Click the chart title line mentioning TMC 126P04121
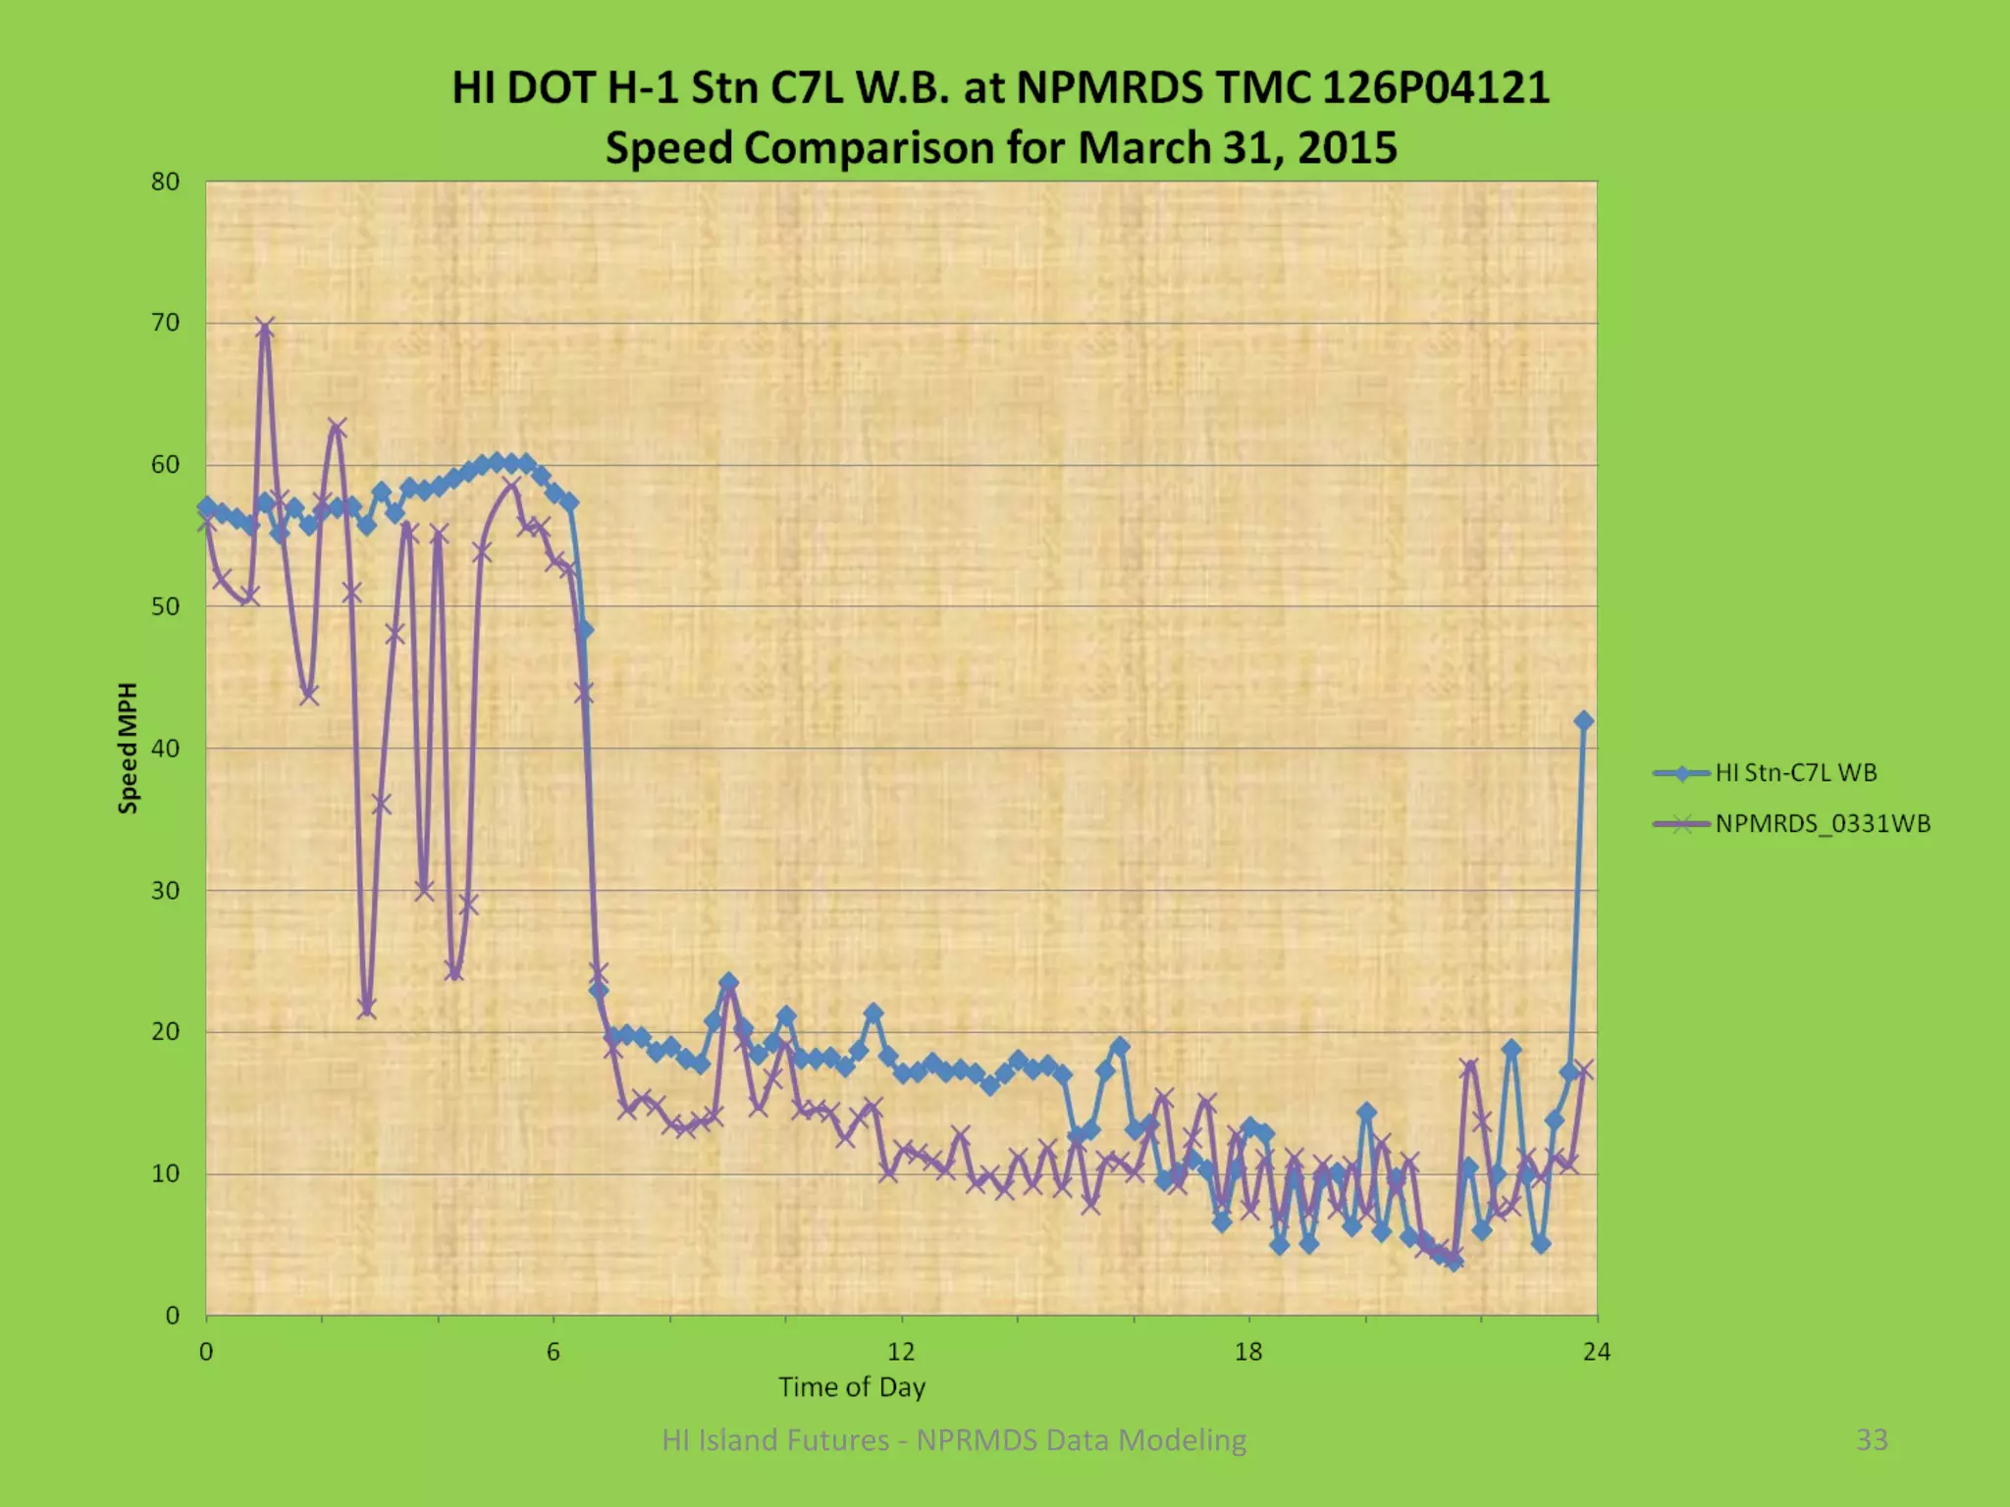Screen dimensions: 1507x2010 1000,87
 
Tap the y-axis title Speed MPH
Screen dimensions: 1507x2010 128,748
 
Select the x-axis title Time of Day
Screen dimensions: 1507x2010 852,1386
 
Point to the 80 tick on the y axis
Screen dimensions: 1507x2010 166,182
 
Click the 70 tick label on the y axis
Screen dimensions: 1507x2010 166,323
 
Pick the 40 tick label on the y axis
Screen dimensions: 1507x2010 166,749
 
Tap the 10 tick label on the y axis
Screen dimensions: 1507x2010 166,1173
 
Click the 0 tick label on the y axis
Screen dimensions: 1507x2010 173,1316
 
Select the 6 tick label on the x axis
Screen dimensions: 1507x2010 554,1352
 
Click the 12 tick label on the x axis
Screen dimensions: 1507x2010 901,1352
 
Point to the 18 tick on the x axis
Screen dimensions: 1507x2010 1248,1352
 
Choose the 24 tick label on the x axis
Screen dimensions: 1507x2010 1597,1352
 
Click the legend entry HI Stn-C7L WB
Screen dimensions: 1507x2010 1795,773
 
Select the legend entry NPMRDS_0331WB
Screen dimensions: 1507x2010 1822,824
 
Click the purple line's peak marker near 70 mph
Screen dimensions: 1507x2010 265,328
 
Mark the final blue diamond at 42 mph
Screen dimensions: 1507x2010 1583,721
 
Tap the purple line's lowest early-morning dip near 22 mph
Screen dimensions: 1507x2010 367,1008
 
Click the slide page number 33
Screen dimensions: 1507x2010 1872,1439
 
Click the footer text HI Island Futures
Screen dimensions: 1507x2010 774,1439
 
